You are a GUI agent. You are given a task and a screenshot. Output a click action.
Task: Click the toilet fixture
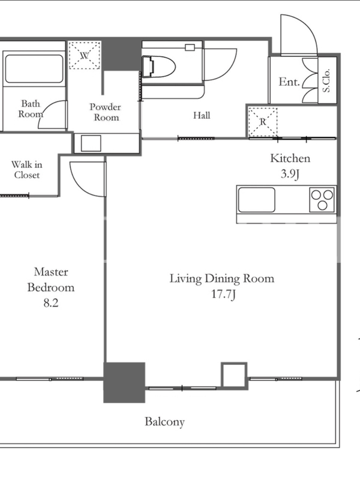pyautogui.click(x=158, y=66)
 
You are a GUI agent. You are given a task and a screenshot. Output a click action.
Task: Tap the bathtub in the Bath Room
pyautogui.click(x=34, y=68)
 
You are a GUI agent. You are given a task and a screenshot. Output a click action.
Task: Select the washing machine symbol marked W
pyautogui.click(x=85, y=55)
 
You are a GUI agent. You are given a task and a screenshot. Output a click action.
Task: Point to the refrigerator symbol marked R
pyautogui.click(x=263, y=122)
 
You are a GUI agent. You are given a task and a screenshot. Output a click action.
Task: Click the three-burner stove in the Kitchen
pyautogui.click(x=322, y=200)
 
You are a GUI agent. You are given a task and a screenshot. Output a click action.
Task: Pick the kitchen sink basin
pyautogui.click(x=257, y=200)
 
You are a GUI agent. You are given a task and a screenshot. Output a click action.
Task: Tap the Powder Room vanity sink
pyautogui.click(x=91, y=143)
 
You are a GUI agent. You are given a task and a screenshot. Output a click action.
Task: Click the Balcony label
pyautogui.click(x=164, y=422)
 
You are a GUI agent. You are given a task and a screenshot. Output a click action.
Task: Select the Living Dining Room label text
pyautogui.click(x=222, y=278)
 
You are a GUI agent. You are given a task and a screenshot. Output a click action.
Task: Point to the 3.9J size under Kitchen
pyautogui.click(x=290, y=174)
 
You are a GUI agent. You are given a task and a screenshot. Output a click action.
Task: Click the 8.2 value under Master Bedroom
pyautogui.click(x=51, y=303)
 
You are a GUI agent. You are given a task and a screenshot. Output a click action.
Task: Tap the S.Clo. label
pyautogui.click(x=326, y=80)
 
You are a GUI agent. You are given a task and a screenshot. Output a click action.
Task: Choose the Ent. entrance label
pyautogui.click(x=289, y=82)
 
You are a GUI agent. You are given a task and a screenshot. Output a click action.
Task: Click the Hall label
pyautogui.click(x=202, y=115)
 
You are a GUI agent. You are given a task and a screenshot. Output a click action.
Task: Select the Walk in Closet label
pyautogui.click(x=27, y=170)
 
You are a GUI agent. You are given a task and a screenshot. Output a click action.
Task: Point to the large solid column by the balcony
pyautogui.click(x=124, y=382)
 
